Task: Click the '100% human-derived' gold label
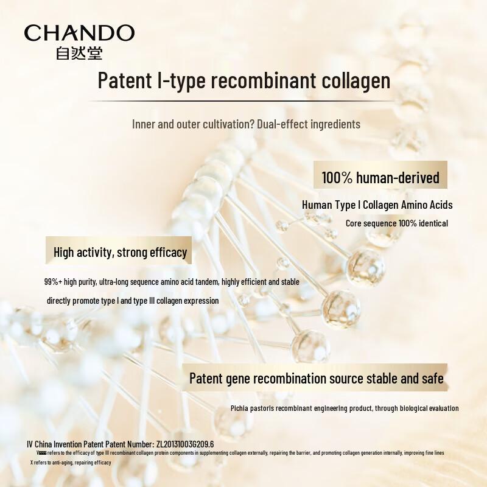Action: point(380,178)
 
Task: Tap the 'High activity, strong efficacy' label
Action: point(120,251)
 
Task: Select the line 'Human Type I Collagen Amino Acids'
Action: point(377,205)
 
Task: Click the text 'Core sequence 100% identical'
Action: point(397,223)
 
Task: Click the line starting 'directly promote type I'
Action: point(133,301)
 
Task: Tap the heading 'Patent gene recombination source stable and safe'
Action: point(316,378)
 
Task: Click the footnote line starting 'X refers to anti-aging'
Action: point(71,463)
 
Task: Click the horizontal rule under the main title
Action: point(243,99)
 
